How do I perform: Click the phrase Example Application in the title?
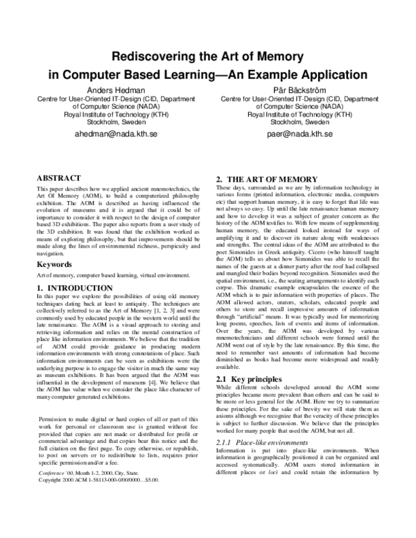point(308,74)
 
